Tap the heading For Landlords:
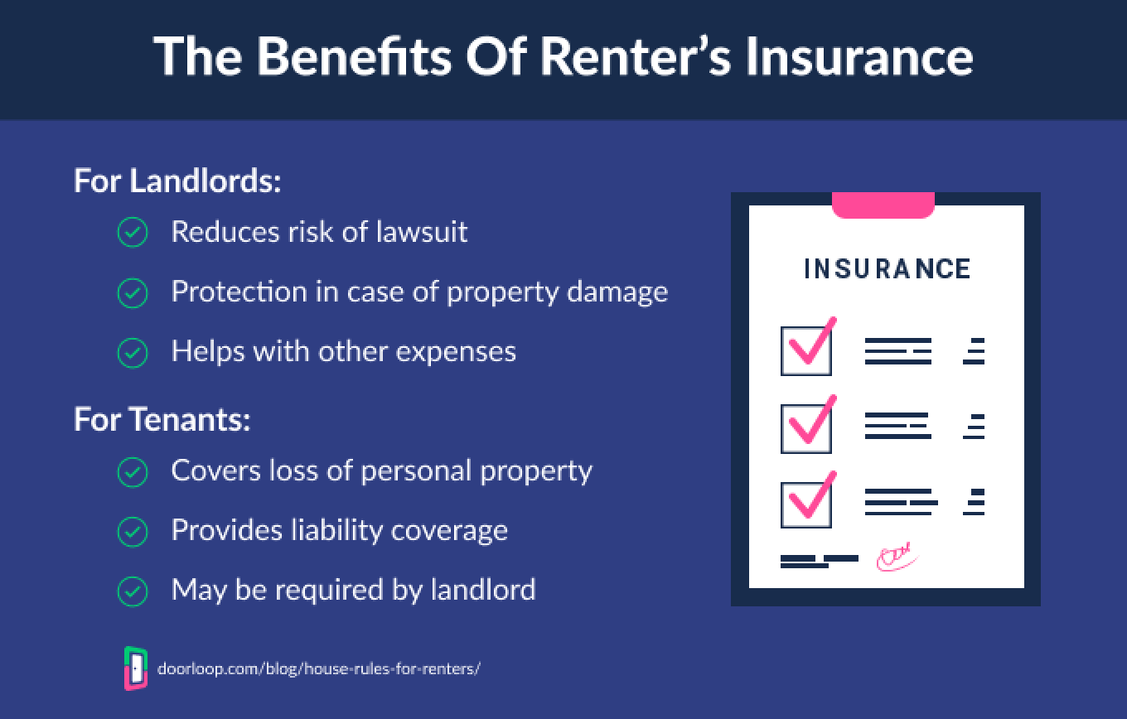(177, 181)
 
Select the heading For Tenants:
(162, 420)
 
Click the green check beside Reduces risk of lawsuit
(133, 233)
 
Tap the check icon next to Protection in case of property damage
(133, 292)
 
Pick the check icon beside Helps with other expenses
(133, 352)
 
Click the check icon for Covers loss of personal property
(133, 472)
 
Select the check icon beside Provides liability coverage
(133, 532)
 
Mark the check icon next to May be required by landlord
(133, 591)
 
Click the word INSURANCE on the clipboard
(887, 269)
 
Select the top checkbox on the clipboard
(805, 351)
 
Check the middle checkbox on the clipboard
(805, 427)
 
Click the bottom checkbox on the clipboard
(805, 504)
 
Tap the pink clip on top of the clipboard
(883, 205)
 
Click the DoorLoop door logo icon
(135, 668)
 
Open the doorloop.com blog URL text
(318, 668)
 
